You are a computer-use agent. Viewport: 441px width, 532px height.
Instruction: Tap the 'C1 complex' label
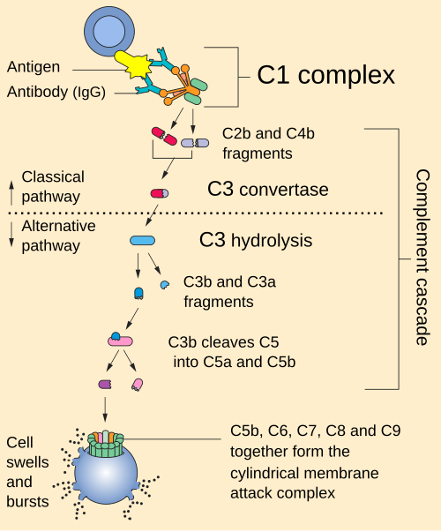pos(325,76)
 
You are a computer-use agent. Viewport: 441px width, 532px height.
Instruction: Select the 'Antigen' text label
pos(34,67)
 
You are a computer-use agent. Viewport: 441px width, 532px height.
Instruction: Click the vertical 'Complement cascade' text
pos(421,256)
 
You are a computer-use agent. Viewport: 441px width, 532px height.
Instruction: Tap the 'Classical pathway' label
pos(51,186)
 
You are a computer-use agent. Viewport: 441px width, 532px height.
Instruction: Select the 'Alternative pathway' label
pos(56,236)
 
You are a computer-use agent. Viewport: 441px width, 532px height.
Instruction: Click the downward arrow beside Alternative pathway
pos(10,236)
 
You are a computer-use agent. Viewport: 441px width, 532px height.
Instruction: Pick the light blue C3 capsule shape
pos(143,240)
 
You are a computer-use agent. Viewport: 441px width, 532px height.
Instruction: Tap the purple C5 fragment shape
pos(105,384)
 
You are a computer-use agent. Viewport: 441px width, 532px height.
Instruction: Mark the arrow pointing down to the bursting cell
pos(106,407)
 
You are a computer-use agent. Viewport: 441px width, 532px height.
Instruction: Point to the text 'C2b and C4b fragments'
pos(258,143)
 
